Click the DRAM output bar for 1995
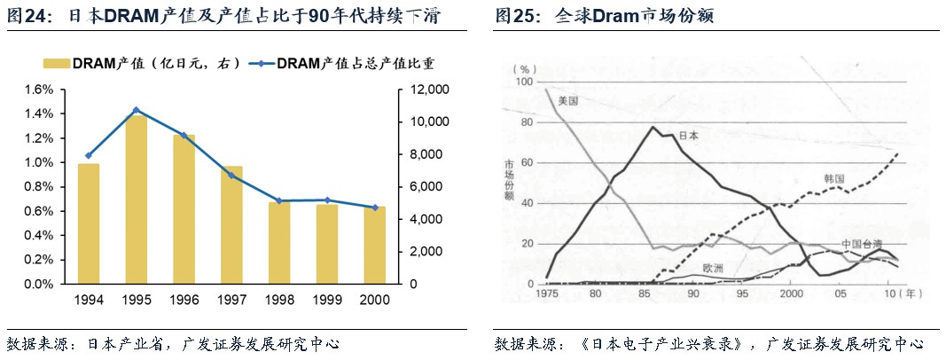136,200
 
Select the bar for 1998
279,243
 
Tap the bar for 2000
375,246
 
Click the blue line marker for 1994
88,155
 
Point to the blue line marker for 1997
231,176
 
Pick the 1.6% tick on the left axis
41,90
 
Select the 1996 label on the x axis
184,300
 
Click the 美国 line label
568,101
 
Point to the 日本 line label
688,136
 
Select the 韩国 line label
833,178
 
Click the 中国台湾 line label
862,244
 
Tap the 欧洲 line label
713,268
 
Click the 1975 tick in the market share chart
547,293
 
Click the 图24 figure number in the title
25,17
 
